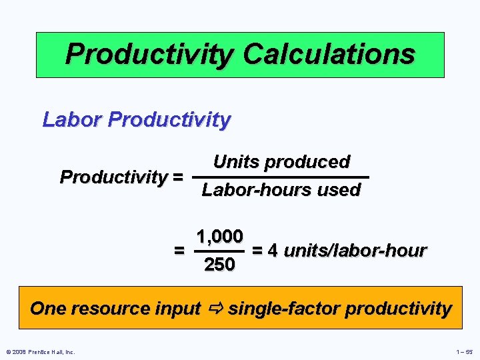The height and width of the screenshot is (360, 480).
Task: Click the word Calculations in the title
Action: click(329, 53)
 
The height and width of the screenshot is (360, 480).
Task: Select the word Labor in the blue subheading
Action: click(71, 120)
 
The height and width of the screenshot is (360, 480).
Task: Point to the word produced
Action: click(307, 162)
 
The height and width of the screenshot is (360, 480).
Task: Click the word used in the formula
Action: click(339, 190)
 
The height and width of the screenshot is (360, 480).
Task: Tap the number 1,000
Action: click(219, 237)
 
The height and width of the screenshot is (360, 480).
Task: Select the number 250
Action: click(219, 265)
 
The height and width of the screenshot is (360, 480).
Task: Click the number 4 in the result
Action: click(273, 251)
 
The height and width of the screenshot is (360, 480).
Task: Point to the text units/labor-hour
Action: click(355, 251)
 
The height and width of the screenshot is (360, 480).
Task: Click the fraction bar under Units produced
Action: click(280, 177)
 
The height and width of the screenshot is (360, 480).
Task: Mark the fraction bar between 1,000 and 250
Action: click(219, 251)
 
